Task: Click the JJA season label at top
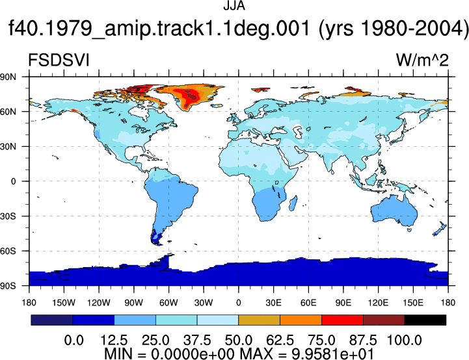pyautogui.click(x=234, y=6)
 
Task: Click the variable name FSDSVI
pyautogui.click(x=59, y=60)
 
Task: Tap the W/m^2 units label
pyautogui.click(x=422, y=60)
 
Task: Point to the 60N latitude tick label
pyautogui.click(x=8, y=112)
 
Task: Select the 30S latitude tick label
pyautogui.click(x=8, y=216)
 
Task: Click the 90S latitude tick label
pyautogui.click(x=8, y=286)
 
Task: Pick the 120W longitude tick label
pyautogui.click(x=99, y=303)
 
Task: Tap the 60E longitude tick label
pyautogui.click(x=308, y=303)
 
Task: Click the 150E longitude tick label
pyautogui.click(x=413, y=303)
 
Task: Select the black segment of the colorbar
pyautogui.click(x=425, y=320)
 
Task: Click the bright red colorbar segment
pyautogui.click(x=342, y=320)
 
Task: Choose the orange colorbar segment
pyautogui.click(x=301, y=320)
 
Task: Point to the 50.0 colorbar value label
pyautogui.click(x=238, y=341)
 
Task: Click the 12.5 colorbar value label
pyautogui.click(x=114, y=341)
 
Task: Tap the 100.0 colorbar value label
pyautogui.click(x=405, y=341)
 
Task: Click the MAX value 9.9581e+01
pyautogui.click(x=332, y=354)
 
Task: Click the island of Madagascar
pyautogui.click(x=293, y=203)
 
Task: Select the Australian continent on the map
pyautogui.click(x=394, y=211)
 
